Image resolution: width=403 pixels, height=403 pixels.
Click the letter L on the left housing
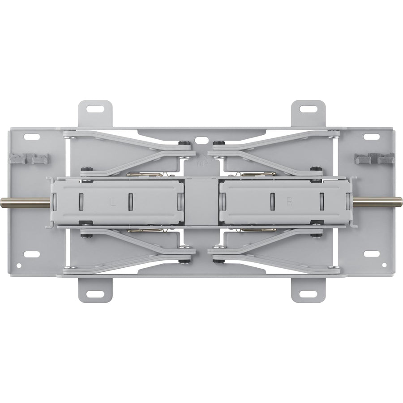(x=113, y=202)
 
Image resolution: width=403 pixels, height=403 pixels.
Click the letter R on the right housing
(x=290, y=202)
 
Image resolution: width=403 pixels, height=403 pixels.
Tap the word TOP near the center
(x=201, y=164)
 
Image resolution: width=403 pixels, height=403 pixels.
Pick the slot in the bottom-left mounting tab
(x=95, y=294)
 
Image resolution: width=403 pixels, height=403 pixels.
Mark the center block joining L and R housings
(x=201, y=201)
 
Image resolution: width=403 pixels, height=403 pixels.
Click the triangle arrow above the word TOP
(x=201, y=156)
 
